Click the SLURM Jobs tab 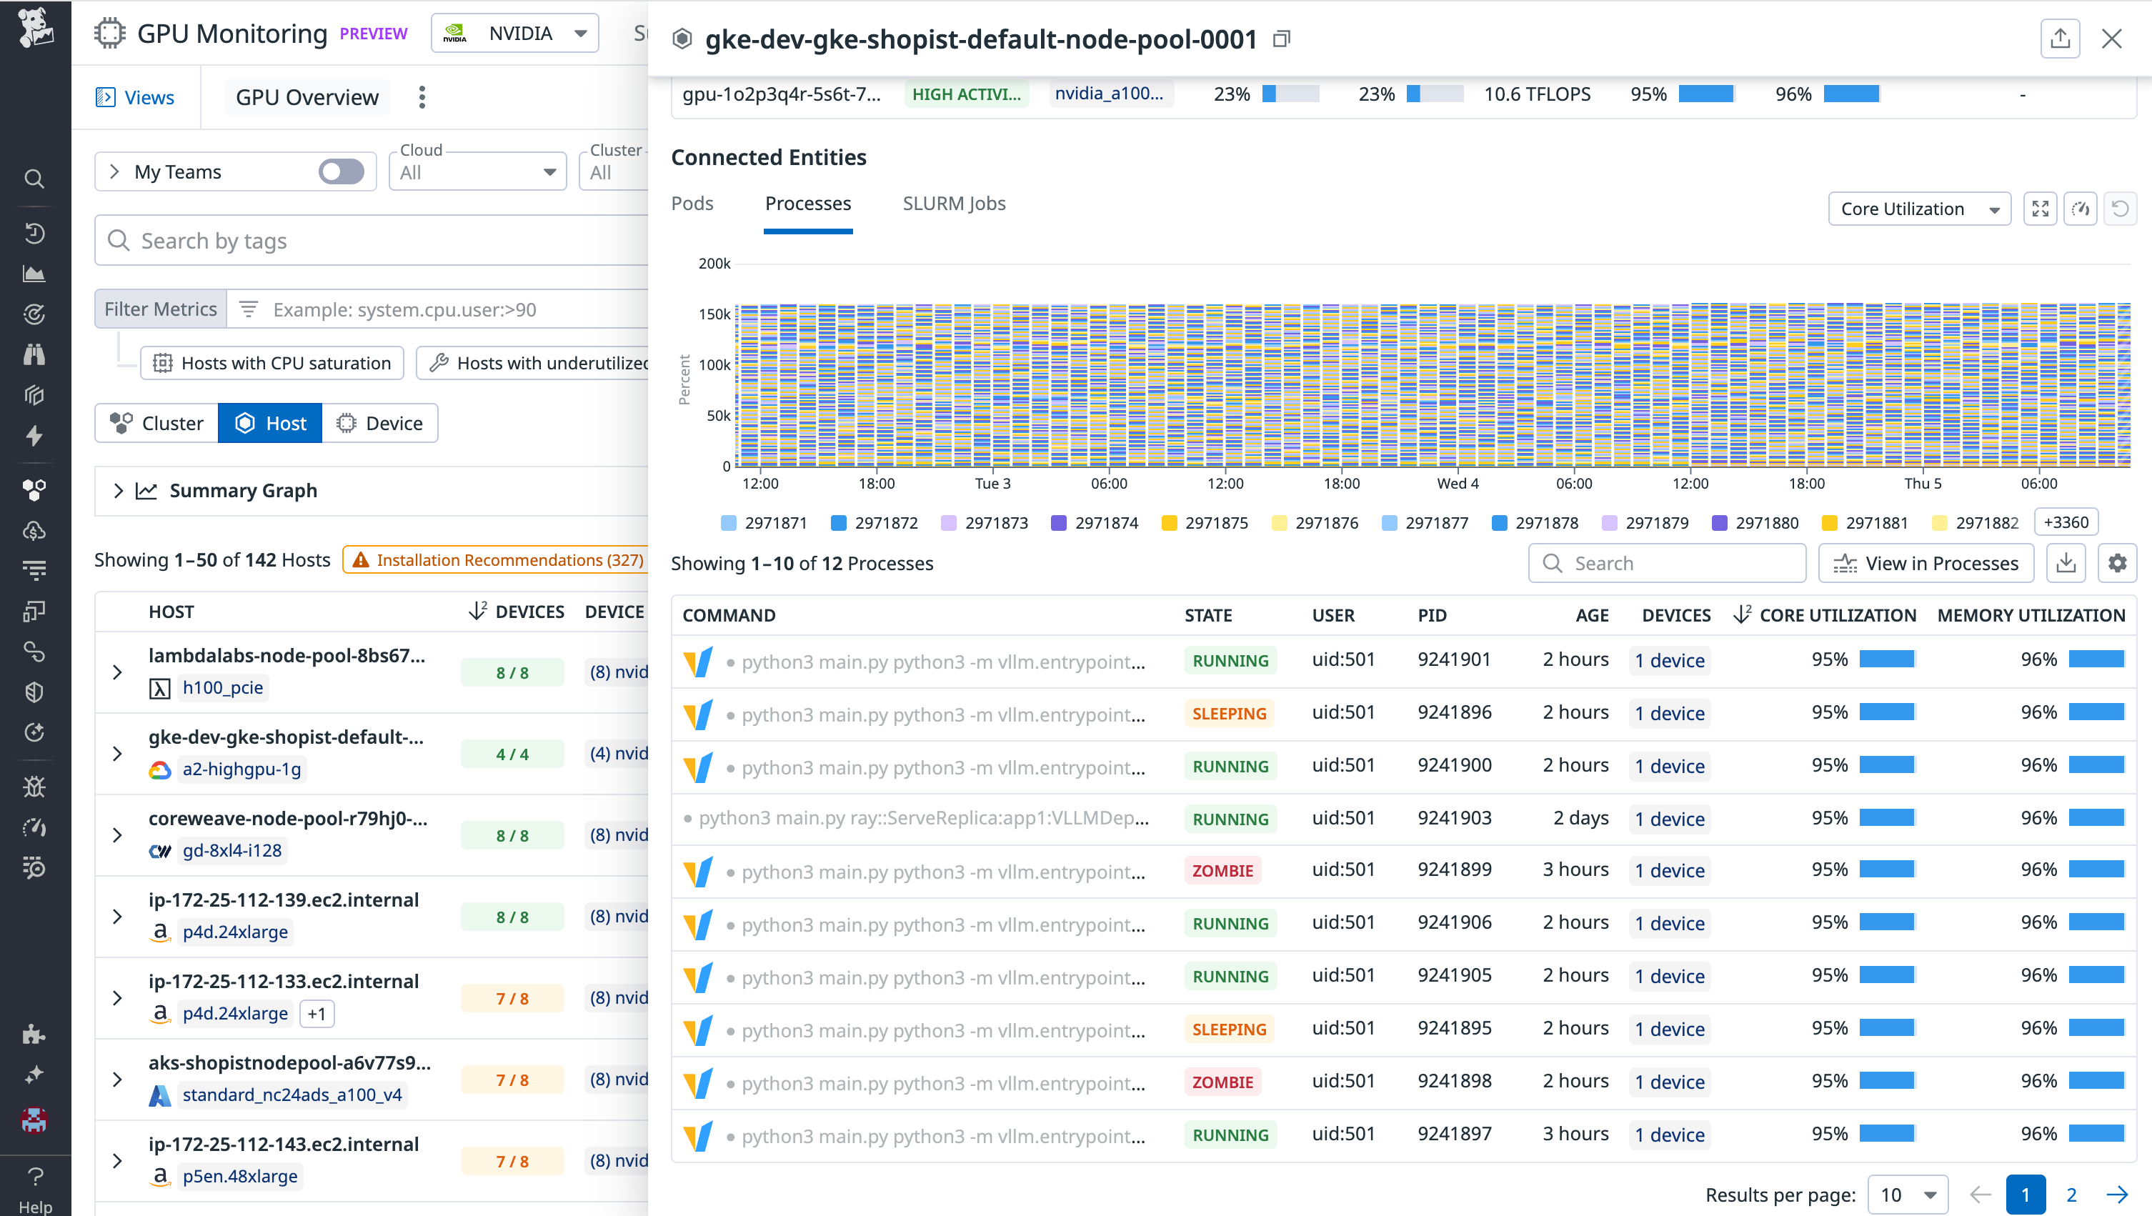pyautogui.click(x=953, y=204)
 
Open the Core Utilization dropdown pyautogui.click(x=1918, y=209)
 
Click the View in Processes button pyautogui.click(x=1926, y=564)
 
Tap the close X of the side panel pyautogui.click(x=2111, y=39)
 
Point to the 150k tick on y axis pyautogui.click(x=714, y=315)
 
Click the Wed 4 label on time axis pyautogui.click(x=1457, y=484)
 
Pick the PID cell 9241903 pyautogui.click(x=1454, y=817)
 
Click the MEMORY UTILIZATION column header pyautogui.click(x=2030, y=616)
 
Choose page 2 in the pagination pyautogui.click(x=2071, y=1195)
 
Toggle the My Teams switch pyautogui.click(x=341, y=172)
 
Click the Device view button pyautogui.click(x=380, y=424)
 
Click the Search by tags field pyautogui.click(x=376, y=241)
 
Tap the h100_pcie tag pyautogui.click(x=222, y=687)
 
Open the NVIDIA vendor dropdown pyautogui.click(x=514, y=34)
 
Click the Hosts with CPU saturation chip pyautogui.click(x=272, y=363)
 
